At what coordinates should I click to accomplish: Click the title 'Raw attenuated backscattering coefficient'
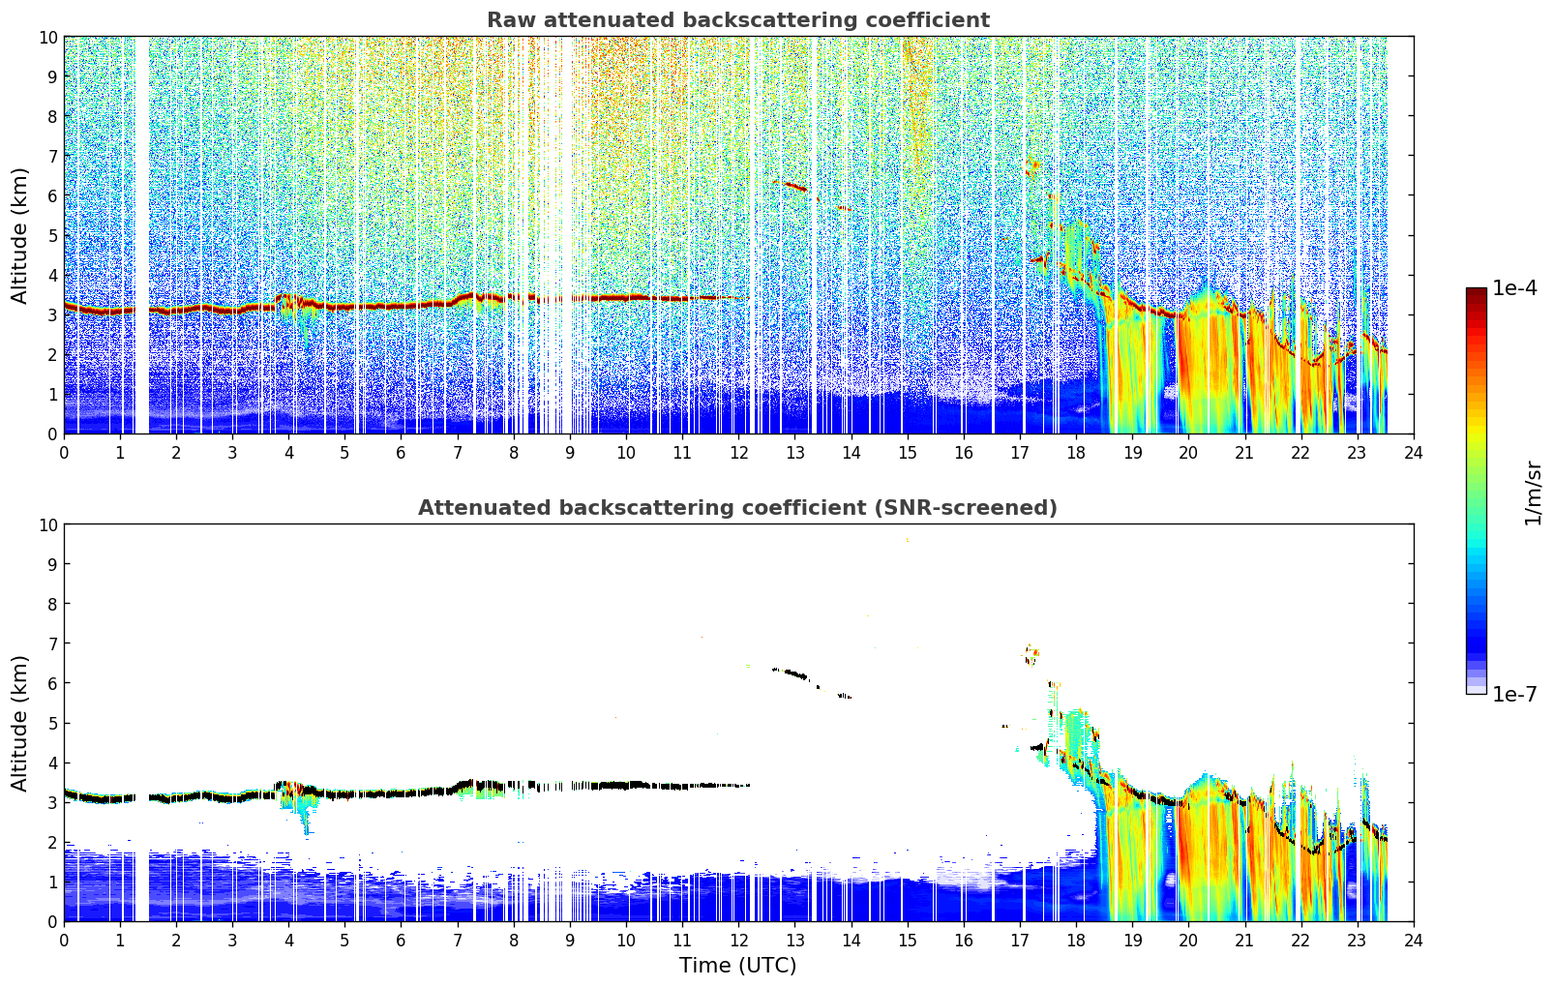(738, 20)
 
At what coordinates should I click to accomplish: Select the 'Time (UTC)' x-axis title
(738, 966)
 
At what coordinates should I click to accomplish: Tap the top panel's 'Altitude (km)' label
(18, 236)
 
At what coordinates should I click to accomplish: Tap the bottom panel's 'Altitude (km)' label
(18, 724)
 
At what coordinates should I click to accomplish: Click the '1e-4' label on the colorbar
(1514, 287)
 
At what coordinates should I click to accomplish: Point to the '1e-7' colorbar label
(1514, 694)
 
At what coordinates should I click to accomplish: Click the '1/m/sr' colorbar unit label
(1532, 493)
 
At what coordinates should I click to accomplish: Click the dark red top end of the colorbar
(1477, 290)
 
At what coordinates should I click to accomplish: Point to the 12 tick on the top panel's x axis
(739, 453)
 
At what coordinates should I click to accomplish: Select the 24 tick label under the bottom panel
(1413, 941)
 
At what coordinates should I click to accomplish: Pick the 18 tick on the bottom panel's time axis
(1076, 941)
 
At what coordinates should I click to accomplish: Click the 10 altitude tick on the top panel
(47, 38)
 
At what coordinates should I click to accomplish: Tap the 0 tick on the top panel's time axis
(65, 453)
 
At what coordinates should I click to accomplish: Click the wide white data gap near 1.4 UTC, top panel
(141, 236)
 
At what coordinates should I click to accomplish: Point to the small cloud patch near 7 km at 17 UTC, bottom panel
(1031, 654)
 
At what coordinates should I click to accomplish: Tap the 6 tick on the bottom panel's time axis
(402, 941)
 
